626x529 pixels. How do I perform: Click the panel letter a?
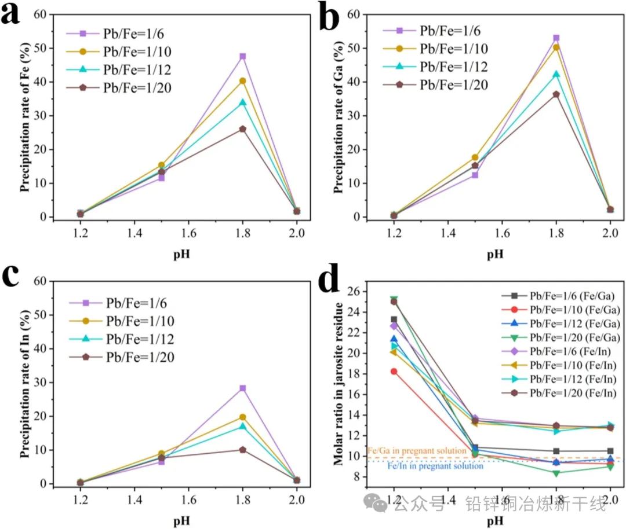[13, 14]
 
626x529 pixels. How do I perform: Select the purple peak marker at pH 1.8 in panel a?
[242, 56]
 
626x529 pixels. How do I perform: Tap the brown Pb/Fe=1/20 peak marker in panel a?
[242, 129]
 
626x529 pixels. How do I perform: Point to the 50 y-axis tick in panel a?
[39, 48]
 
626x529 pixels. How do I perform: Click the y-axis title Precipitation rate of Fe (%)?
[24, 115]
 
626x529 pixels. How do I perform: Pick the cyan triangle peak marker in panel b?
[556, 74]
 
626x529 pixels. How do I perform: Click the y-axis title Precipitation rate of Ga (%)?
[337, 115]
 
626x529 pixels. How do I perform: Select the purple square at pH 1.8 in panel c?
[242, 388]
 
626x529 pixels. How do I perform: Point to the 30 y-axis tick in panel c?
[39, 383]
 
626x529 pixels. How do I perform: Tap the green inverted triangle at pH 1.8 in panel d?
[556, 473]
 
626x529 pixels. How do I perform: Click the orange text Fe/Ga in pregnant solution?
[416, 450]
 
